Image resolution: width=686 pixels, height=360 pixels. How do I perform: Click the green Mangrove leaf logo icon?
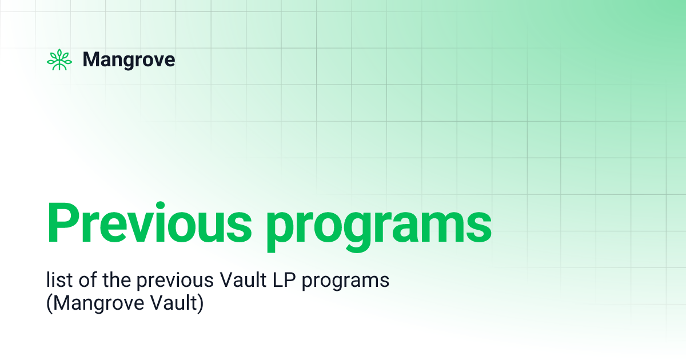[59, 59]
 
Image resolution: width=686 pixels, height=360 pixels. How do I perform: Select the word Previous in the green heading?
[149, 222]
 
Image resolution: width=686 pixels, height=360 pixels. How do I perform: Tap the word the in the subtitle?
[117, 280]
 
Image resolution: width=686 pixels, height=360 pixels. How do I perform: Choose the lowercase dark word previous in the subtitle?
[175, 282]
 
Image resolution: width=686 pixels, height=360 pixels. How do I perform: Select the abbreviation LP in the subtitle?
[284, 280]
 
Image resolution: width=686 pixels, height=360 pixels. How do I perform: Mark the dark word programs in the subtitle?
[345, 282]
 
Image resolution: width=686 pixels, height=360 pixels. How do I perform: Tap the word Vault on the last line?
[173, 303]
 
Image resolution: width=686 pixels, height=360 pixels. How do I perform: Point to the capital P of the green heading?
[63, 223]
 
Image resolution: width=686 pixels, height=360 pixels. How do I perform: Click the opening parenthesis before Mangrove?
[49, 303]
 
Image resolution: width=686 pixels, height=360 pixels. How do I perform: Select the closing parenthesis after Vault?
[201, 303]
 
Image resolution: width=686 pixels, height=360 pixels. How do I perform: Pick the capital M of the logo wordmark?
[92, 59]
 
